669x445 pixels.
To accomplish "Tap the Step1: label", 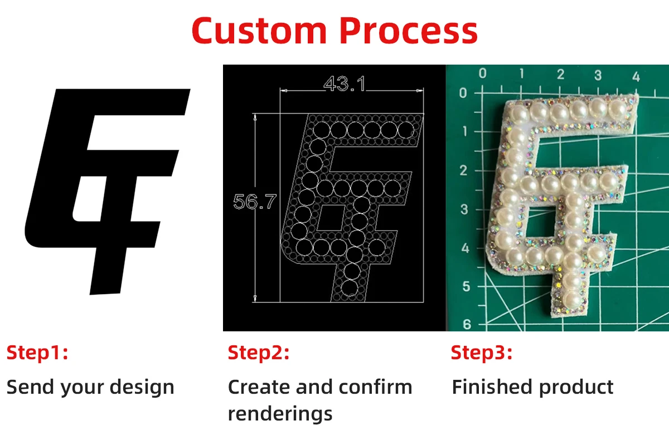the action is pos(37,353).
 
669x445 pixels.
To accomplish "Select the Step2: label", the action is pos(259,353).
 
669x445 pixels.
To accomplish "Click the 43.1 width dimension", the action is pos(345,84).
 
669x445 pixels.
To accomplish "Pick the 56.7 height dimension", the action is pos(254,202).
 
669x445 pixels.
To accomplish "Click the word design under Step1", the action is pos(143,387).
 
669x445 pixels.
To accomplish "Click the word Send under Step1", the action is pos(28,387).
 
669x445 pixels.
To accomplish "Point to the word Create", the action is pos(260,387).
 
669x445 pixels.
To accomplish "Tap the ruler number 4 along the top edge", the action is pos(636,75).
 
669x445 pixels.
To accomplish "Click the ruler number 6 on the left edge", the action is pos(467,324).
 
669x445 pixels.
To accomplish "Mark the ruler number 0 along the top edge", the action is pos(483,73).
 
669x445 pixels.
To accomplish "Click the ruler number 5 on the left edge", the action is pos(467,286).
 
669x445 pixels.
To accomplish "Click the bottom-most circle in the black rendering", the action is pos(350,288).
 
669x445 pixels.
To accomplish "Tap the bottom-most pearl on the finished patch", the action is pos(571,295).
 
